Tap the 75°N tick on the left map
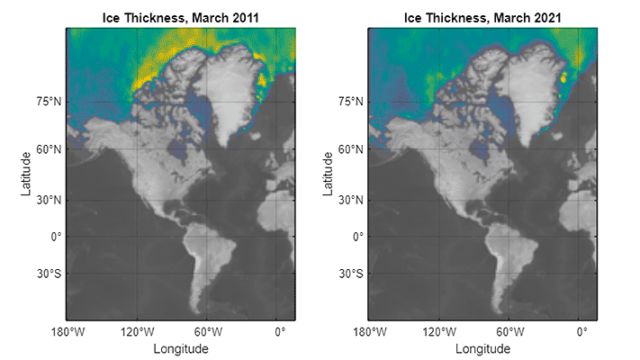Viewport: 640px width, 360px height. tap(49, 102)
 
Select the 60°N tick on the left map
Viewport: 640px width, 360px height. tap(49, 150)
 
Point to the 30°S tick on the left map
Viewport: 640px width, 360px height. tap(49, 274)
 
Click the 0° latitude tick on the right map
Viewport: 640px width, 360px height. tap(357, 237)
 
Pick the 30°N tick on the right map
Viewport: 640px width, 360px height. tap(351, 199)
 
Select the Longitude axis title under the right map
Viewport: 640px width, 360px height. tap(483, 348)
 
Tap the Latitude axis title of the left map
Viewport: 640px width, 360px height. tap(25, 174)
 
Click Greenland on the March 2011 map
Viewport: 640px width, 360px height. tap(230, 90)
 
